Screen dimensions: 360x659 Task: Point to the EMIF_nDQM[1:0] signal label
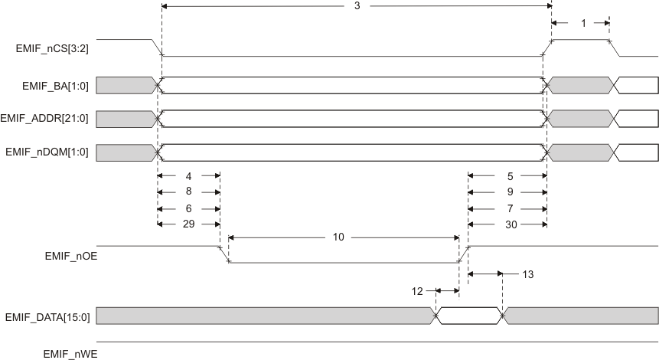(x=47, y=152)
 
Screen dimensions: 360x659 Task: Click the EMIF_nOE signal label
(x=69, y=257)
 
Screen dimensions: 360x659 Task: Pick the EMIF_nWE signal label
(x=70, y=353)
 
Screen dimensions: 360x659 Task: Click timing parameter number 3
(x=357, y=6)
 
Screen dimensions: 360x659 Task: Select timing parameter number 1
(x=583, y=24)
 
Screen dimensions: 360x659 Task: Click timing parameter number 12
(x=417, y=291)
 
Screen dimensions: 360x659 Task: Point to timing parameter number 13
(x=527, y=273)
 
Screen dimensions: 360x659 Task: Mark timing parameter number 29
(x=188, y=224)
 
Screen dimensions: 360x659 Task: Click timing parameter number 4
(x=188, y=175)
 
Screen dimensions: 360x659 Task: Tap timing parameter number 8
(x=188, y=191)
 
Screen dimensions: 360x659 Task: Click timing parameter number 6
(x=188, y=208)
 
